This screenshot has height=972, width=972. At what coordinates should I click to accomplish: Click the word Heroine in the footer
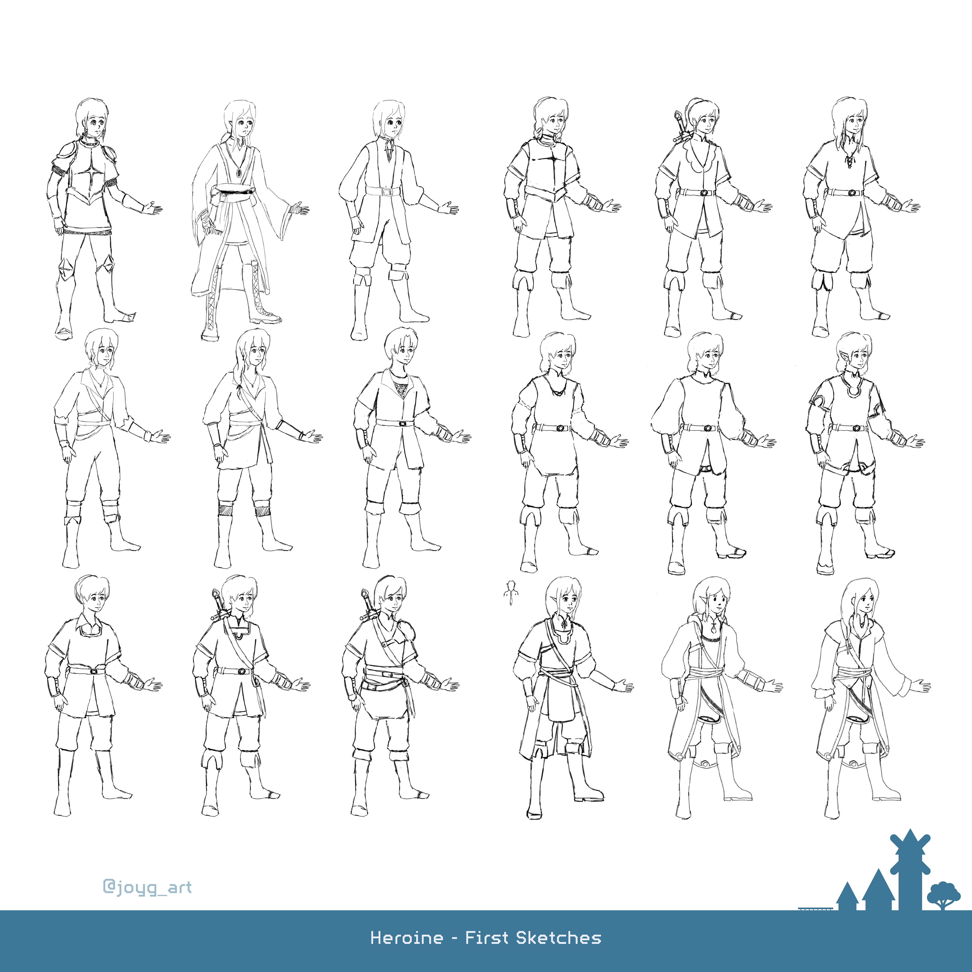(407, 938)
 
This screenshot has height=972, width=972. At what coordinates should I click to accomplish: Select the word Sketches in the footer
(558, 938)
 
